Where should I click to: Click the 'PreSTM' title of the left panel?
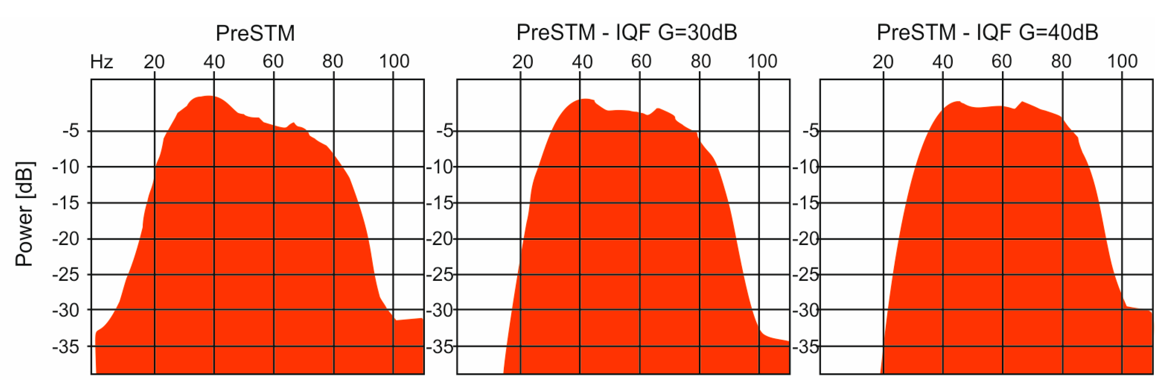point(255,33)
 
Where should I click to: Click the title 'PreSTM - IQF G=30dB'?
point(626,32)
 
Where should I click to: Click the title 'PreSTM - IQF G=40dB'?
point(987,32)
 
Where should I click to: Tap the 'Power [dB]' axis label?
point(24,213)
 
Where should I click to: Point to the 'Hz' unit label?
point(101,62)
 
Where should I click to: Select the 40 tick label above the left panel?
point(213,62)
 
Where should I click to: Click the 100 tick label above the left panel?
point(394,61)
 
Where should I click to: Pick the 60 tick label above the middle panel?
point(641,61)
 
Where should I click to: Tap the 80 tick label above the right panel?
point(1061,61)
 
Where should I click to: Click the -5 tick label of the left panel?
point(71,131)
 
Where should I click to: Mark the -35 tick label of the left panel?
point(66,347)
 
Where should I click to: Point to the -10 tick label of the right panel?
point(806,167)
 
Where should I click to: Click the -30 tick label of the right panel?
point(806,311)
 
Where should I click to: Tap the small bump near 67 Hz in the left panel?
point(294,123)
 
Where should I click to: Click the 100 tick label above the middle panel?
point(762,61)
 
